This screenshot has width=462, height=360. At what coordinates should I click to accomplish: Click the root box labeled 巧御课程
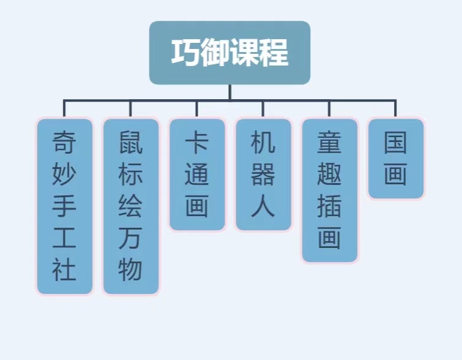229,53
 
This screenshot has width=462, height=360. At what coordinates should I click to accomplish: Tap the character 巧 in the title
185,53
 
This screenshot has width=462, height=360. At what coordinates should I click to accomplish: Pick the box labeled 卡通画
197,174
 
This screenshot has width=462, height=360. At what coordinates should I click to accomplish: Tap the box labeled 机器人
263,174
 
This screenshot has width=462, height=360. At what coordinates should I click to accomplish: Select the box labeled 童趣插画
329,190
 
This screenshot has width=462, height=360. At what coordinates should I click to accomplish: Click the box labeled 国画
395,159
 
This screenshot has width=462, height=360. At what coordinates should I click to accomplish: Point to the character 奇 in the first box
64,143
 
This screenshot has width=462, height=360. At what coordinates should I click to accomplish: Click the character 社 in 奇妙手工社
64,269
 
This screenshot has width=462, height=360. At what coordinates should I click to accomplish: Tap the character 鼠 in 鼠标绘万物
130,143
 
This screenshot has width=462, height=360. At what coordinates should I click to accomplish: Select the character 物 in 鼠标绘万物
130,269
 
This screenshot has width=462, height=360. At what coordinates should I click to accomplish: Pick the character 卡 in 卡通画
197,143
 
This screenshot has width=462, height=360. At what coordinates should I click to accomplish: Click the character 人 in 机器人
263,206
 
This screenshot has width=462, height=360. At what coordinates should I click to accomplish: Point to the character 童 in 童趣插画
329,143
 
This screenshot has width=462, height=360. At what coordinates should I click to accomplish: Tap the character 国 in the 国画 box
395,143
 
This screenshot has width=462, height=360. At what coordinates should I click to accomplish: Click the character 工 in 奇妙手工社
64,238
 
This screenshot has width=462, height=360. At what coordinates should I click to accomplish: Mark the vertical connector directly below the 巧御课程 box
230,92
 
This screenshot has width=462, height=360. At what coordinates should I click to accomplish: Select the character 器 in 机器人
263,174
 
